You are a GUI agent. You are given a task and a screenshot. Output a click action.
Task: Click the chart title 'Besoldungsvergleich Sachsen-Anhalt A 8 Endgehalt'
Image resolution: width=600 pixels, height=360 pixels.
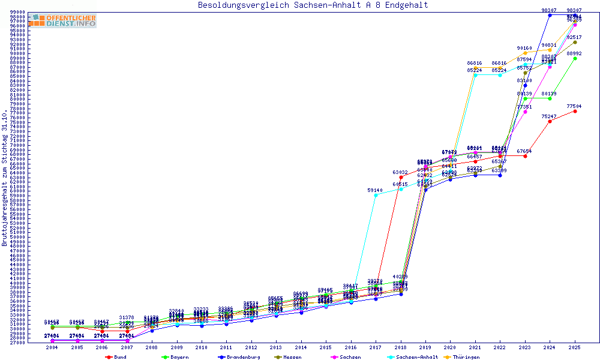[x=313, y=5]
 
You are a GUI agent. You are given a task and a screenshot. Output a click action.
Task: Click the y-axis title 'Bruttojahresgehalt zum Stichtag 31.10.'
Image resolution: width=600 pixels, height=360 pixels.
[x=5, y=178]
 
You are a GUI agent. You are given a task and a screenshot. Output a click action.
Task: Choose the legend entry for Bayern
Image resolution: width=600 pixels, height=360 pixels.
[x=174, y=357]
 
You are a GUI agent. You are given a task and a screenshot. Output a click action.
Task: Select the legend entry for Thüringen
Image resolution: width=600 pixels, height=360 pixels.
[x=462, y=357]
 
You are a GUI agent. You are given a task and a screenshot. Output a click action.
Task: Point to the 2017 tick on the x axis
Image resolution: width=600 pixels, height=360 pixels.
[x=376, y=347]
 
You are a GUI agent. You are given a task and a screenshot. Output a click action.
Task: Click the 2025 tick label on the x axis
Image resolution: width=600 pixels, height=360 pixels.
[x=575, y=347]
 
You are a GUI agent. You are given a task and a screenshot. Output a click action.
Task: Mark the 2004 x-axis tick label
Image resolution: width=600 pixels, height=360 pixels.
[x=52, y=347]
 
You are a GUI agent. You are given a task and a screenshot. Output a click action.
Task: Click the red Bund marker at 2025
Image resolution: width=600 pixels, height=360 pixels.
[x=575, y=111]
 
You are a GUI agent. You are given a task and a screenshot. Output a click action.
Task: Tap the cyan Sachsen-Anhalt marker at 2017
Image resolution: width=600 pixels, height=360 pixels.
[x=376, y=195]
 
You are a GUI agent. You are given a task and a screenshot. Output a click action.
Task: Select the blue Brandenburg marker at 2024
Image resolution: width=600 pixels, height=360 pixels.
[x=550, y=15]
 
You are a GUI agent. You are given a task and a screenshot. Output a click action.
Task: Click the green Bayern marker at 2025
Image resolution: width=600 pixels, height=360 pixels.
[x=575, y=58]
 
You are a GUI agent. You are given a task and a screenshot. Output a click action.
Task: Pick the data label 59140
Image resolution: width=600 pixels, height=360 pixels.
[x=376, y=190]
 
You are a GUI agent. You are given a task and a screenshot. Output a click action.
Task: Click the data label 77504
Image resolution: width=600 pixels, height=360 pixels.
[x=575, y=106]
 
